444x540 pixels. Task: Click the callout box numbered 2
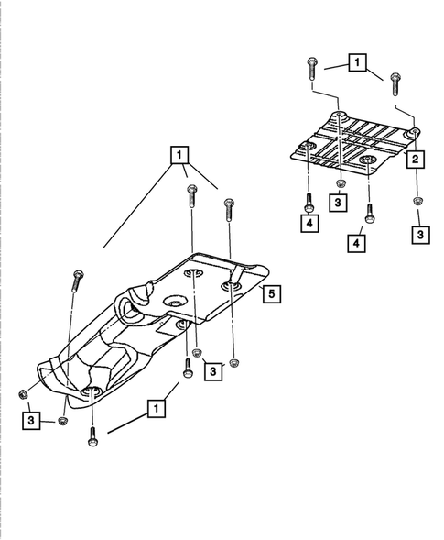click(x=415, y=160)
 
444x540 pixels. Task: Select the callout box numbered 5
click(x=272, y=293)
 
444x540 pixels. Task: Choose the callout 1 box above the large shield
click(x=179, y=154)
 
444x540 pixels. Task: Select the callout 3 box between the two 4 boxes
click(x=339, y=201)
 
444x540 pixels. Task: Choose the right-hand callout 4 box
click(x=356, y=242)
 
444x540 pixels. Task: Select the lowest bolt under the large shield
click(x=92, y=439)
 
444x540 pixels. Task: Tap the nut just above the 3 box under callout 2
click(x=417, y=202)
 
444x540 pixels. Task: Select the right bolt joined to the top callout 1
click(x=395, y=82)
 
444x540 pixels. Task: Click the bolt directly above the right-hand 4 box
click(x=369, y=213)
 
